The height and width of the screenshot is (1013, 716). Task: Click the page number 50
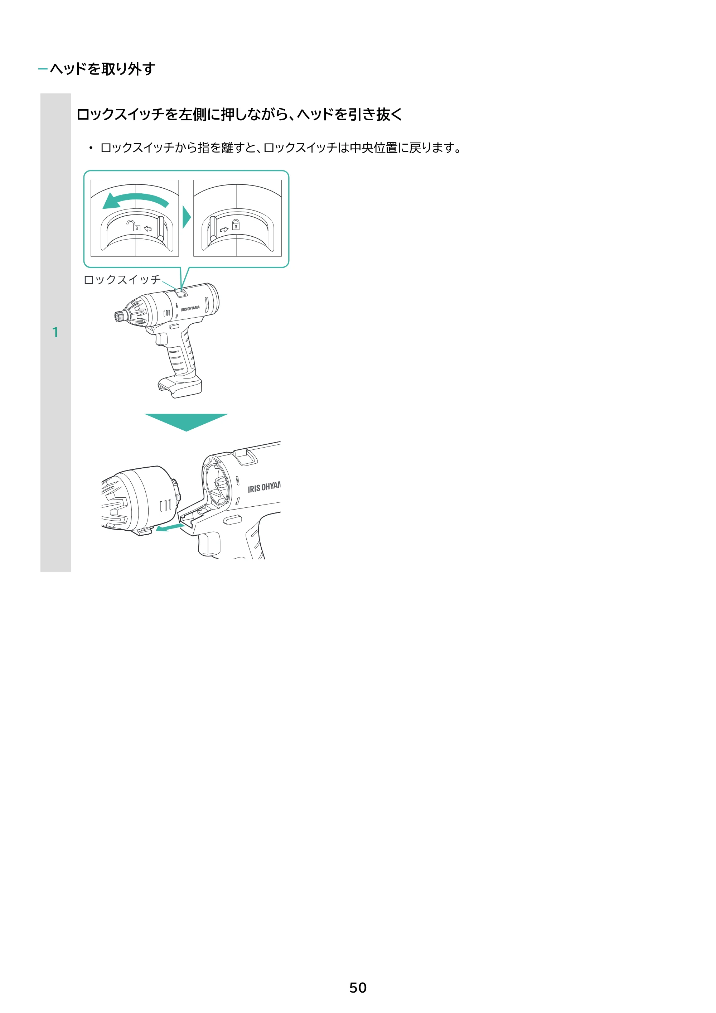pos(358,988)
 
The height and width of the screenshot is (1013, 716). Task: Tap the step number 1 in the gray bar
pos(55,332)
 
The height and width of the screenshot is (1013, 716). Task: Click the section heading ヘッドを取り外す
pos(102,69)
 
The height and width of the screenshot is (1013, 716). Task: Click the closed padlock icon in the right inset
pos(236,225)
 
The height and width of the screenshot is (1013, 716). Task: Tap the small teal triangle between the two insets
pos(187,217)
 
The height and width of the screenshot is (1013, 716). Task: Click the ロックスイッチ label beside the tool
pos(122,280)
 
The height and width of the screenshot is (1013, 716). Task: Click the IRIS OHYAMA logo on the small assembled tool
pos(190,308)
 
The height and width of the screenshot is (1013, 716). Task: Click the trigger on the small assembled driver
pos(161,338)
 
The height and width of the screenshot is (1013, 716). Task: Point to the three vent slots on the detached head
pos(165,505)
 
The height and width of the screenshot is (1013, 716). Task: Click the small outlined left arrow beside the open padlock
pos(148,228)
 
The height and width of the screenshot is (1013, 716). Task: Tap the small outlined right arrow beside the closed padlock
pos(224,229)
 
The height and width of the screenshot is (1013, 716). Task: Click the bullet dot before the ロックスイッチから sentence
pos(91,148)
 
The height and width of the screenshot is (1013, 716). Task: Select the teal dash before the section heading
pos(43,69)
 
